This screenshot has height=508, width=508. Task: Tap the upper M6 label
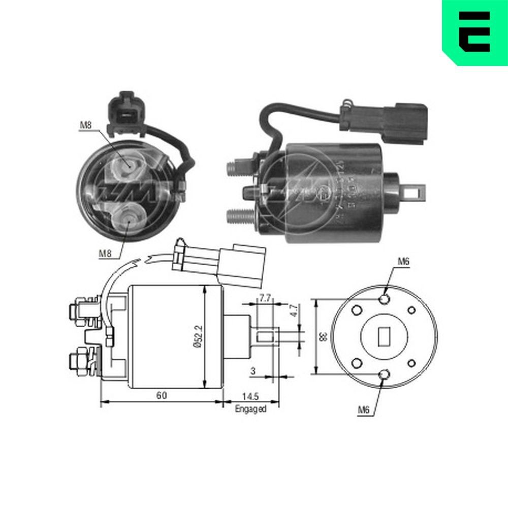point(403,262)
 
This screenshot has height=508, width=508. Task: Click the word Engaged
point(250,409)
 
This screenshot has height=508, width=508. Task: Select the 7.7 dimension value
point(264,298)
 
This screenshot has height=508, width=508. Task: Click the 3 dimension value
point(252,371)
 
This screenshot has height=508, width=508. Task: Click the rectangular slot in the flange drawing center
point(384,336)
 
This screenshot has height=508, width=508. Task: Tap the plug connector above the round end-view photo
point(125,112)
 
